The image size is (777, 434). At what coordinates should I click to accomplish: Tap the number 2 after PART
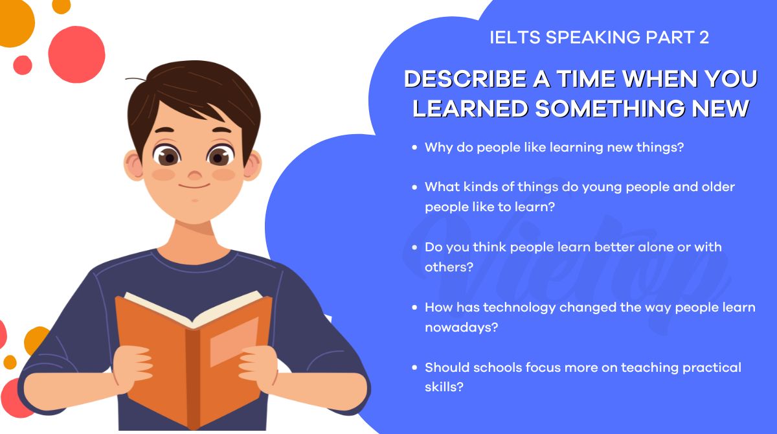click(704, 38)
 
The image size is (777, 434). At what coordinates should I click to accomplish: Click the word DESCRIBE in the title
click(456, 79)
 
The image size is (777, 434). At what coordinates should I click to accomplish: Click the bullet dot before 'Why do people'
click(415, 148)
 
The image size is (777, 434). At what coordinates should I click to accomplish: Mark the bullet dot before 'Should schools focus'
click(415, 368)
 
